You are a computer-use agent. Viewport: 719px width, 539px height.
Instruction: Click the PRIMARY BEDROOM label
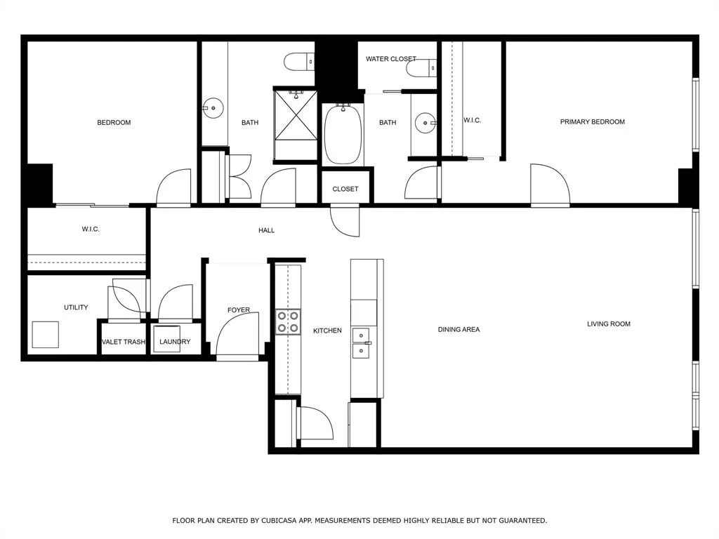(592, 122)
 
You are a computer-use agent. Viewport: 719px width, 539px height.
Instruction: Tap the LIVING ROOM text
(609, 324)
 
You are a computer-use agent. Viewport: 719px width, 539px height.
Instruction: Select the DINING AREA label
(459, 330)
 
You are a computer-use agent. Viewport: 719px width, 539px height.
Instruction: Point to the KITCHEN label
(327, 331)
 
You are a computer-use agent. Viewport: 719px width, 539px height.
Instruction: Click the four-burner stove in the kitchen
(288, 321)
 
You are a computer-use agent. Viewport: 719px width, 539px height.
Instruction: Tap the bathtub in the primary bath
(343, 134)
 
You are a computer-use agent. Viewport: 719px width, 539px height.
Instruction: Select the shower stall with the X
(296, 124)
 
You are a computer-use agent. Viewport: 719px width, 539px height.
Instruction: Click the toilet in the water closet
(421, 68)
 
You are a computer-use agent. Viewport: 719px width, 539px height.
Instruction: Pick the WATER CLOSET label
(390, 59)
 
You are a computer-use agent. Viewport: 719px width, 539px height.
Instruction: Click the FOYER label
(239, 310)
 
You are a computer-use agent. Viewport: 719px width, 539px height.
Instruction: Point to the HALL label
(266, 230)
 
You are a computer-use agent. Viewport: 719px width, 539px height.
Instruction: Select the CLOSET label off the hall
(345, 189)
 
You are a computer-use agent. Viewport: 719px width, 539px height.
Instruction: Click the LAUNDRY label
(175, 342)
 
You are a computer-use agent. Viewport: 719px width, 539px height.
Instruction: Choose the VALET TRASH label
(124, 342)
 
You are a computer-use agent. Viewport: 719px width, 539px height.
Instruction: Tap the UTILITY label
(76, 307)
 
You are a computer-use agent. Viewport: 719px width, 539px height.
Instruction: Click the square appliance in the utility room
(46, 335)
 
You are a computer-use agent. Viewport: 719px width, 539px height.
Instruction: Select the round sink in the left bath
(213, 108)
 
